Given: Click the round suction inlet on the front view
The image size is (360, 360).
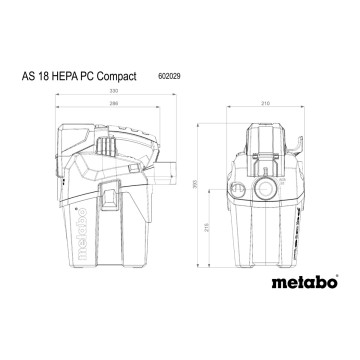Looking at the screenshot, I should pos(268,188).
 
